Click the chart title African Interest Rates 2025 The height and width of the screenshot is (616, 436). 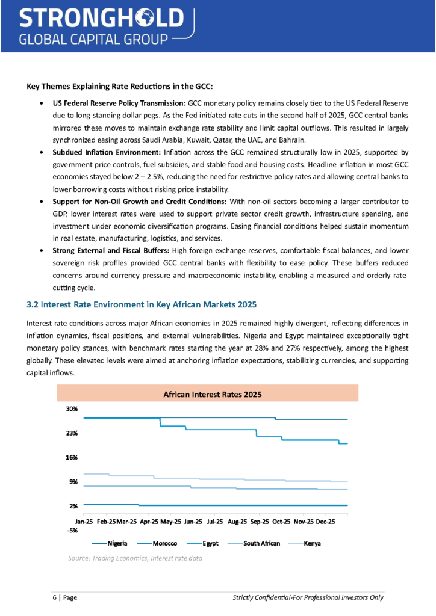pos(208,395)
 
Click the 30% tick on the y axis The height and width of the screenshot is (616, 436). pos(72,408)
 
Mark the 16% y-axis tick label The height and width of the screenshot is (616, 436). pos(72,457)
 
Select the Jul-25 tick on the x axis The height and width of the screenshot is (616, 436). pos(215,521)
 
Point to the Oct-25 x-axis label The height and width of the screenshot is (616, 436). pos(281,521)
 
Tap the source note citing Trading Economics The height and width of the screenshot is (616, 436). pos(135,558)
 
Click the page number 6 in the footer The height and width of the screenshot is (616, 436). pos(51,597)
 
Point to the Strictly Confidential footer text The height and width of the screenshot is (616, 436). pos(308,597)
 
